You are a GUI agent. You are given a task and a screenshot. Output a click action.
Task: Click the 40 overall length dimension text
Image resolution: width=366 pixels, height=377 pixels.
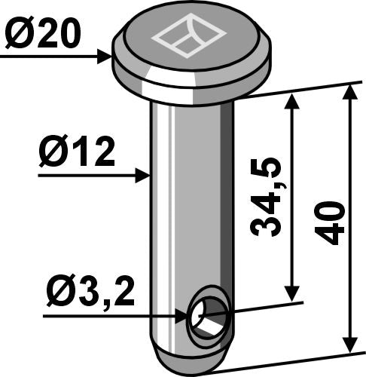(331, 222)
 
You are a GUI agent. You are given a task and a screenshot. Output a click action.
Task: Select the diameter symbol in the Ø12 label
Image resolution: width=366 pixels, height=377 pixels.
(53, 155)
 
